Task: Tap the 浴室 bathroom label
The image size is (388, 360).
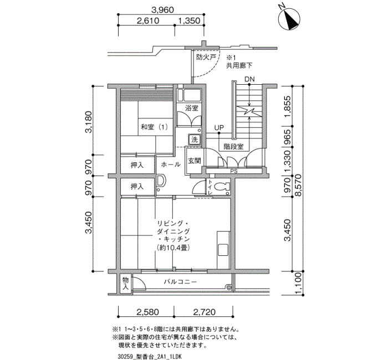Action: pos(192,108)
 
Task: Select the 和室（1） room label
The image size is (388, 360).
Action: pos(155,127)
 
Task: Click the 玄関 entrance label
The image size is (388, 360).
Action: pos(194,161)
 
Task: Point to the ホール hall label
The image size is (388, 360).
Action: pos(171,164)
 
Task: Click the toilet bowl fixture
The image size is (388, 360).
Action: pos(222,187)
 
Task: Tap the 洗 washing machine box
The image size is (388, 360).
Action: pos(195,140)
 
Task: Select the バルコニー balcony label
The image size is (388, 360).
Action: pos(180,281)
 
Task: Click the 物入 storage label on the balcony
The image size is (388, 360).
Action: pos(126,284)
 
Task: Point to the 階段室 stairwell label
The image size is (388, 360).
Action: pos(233,147)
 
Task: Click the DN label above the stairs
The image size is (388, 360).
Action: pos(249,79)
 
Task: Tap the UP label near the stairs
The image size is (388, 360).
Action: pos(219,127)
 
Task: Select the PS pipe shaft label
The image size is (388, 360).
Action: pos(233,171)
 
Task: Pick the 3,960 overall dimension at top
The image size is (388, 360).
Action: pos(162,10)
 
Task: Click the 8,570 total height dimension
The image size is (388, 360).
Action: pos(299,185)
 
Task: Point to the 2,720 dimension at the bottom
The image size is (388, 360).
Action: pos(204,312)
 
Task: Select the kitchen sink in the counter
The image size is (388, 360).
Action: pos(223,250)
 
